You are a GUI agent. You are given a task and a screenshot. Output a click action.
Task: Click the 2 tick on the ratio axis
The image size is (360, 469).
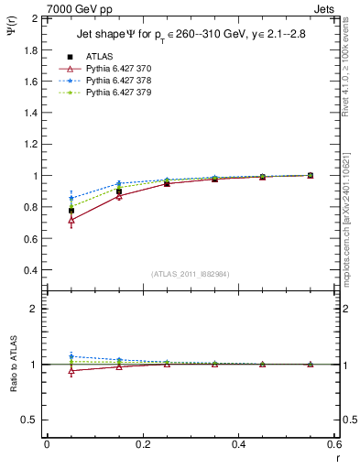(x=33, y=310)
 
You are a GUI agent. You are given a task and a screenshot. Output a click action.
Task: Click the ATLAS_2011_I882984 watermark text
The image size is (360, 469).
(x=190, y=274)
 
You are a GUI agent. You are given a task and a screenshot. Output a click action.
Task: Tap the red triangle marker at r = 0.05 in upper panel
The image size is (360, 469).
(x=71, y=220)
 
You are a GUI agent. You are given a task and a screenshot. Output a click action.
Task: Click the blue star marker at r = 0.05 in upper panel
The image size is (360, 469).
(x=71, y=198)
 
